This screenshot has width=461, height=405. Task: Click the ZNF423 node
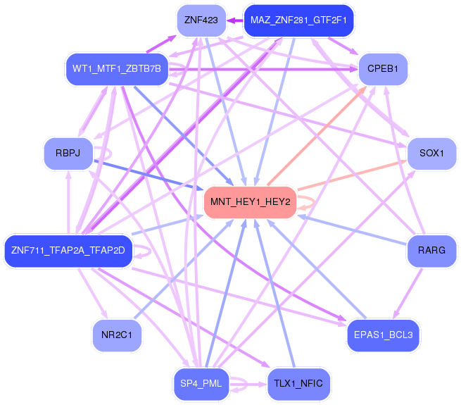click(201, 20)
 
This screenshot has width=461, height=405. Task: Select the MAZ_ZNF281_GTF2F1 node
click(298, 20)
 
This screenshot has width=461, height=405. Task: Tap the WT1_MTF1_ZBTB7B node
click(117, 68)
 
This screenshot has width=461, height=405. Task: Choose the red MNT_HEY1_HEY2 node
click(250, 202)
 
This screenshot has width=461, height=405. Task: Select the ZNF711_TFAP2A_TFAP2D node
click(68, 250)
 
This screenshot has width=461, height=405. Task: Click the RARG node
click(431, 250)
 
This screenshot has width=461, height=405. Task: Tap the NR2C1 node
click(117, 335)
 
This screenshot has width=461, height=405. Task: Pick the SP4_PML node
click(201, 384)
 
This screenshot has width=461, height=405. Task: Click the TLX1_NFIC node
click(298, 384)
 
